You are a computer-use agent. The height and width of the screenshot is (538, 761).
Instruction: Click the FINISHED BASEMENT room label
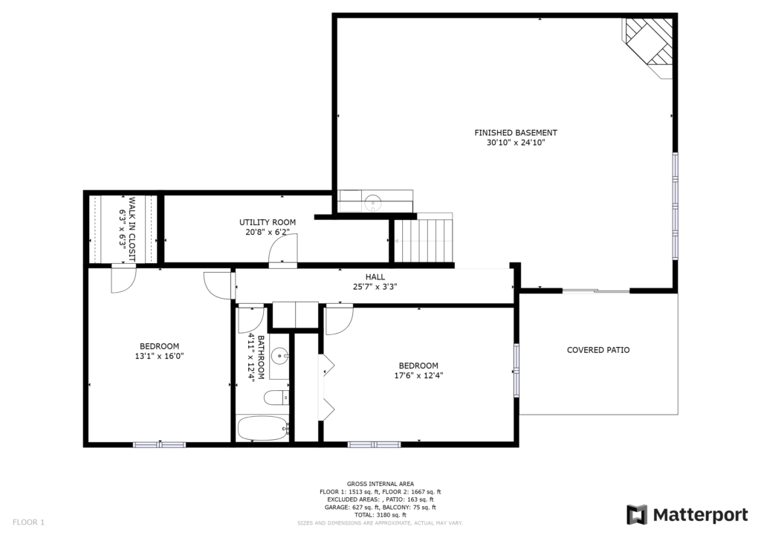[516, 132]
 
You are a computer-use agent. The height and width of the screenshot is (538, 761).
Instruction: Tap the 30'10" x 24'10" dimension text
[516, 143]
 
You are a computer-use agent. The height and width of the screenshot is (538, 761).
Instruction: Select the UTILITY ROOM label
[268, 222]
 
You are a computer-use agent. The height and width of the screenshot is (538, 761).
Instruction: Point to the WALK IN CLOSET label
[132, 229]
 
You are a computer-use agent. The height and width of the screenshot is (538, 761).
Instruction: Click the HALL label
[375, 277]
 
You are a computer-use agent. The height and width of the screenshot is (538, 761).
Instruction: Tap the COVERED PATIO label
[598, 350]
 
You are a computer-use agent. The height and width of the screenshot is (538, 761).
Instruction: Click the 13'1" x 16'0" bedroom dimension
[159, 356]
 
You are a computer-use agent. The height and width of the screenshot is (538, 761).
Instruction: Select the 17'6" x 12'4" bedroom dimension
[418, 375]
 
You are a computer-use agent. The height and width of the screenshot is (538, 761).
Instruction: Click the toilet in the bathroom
[276, 398]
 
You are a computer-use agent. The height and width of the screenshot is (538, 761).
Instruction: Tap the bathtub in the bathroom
[262, 428]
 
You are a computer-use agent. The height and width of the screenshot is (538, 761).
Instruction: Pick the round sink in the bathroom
[280, 357]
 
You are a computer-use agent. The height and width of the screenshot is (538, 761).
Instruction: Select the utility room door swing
[283, 250]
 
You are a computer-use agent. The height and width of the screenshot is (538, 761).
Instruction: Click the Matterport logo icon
[637, 515]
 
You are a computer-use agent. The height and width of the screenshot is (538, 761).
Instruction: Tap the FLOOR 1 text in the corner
[28, 522]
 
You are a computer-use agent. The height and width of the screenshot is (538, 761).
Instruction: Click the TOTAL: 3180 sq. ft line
[380, 515]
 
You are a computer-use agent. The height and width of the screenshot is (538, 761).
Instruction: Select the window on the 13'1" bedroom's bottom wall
[160, 444]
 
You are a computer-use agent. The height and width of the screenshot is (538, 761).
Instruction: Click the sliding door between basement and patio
[597, 291]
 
